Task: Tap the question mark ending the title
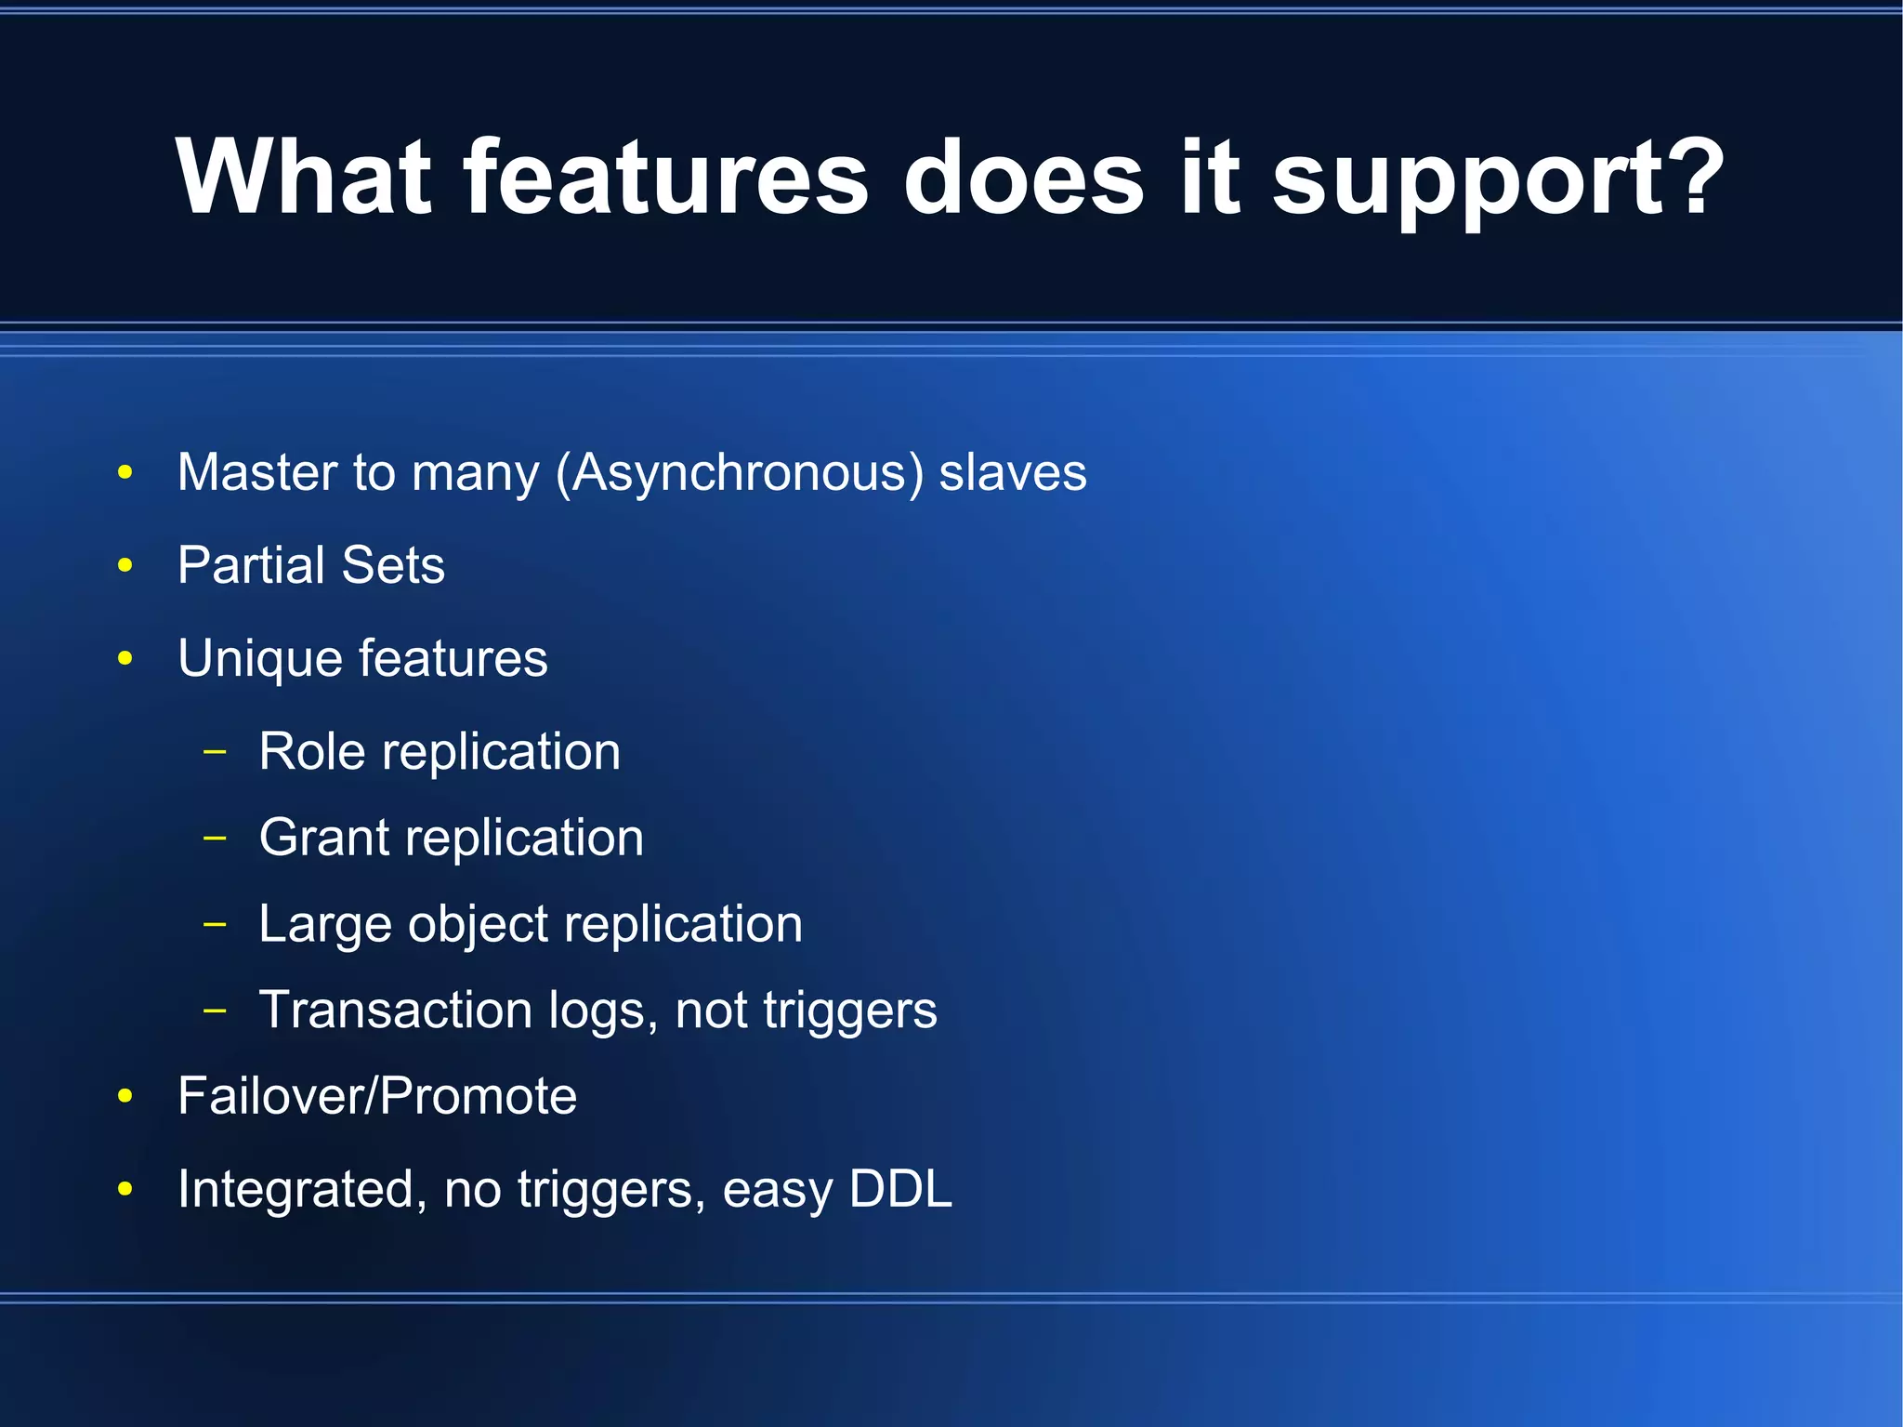[1697, 177]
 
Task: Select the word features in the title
[665, 177]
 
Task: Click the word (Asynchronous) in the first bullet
[740, 472]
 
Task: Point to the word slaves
[1012, 472]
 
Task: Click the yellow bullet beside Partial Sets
[125, 565]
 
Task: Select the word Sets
[393, 565]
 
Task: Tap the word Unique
[259, 658]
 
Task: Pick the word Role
[311, 751]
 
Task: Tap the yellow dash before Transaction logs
[215, 1009]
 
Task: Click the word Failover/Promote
[377, 1095]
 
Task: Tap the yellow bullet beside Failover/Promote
[125, 1096]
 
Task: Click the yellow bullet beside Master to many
[125, 472]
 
